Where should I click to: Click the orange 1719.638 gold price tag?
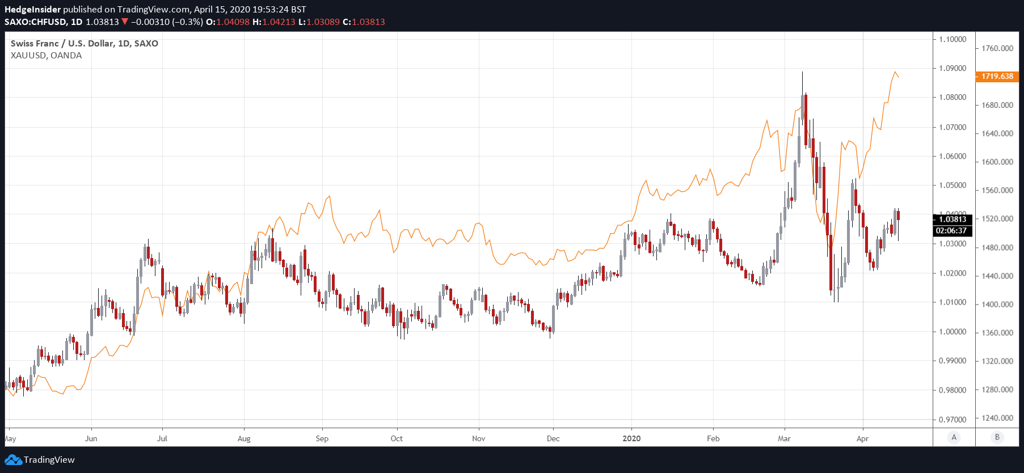click(997, 76)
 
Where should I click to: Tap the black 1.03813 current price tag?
click(953, 219)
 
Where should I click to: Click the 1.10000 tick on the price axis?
click(953, 39)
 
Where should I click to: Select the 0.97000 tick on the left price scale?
click(953, 419)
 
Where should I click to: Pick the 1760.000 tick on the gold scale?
click(997, 48)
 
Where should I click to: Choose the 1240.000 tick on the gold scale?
click(997, 418)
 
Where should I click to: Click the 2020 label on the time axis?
click(631, 438)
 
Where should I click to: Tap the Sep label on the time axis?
click(322, 438)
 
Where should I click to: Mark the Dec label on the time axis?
click(553, 438)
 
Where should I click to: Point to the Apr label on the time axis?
click(862, 438)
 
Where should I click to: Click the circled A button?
click(954, 437)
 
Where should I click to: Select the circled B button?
click(997, 437)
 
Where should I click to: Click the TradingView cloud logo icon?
click(13, 460)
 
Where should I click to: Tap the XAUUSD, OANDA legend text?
click(46, 56)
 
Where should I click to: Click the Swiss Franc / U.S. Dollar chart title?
click(84, 44)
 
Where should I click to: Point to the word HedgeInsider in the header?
click(32, 10)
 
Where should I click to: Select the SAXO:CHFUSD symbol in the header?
click(35, 22)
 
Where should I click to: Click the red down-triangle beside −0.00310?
click(125, 22)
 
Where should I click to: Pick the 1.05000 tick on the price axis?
click(953, 185)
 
